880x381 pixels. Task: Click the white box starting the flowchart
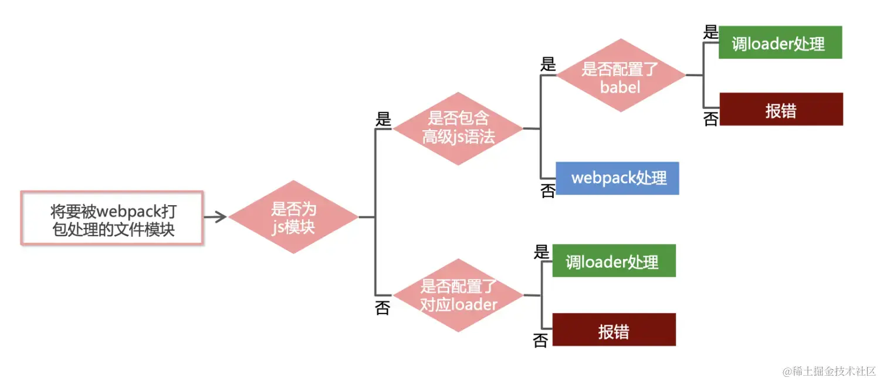tap(112, 217)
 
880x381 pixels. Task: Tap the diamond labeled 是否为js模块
tap(293, 217)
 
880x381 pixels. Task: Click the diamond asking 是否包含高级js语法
tap(458, 128)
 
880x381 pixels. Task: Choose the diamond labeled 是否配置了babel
tap(621, 76)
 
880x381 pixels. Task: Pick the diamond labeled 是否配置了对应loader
tap(458, 295)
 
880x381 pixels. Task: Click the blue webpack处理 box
tap(618, 178)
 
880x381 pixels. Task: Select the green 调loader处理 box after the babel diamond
tap(780, 42)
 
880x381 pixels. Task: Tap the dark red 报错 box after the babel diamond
tap(781, 109)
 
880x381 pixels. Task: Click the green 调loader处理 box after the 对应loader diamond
tap(614, 261)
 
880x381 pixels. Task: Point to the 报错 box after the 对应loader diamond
tap(614, 329)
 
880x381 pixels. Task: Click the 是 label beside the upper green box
tap(710, 32)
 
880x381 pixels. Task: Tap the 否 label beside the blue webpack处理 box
tap(547, 190)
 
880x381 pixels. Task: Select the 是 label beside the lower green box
tap(541, 251)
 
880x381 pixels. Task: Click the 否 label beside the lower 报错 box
tap(540, 340)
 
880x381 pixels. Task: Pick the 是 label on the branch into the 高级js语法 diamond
tap(383, 120)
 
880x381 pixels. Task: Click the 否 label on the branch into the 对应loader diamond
tap(383, 308)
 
